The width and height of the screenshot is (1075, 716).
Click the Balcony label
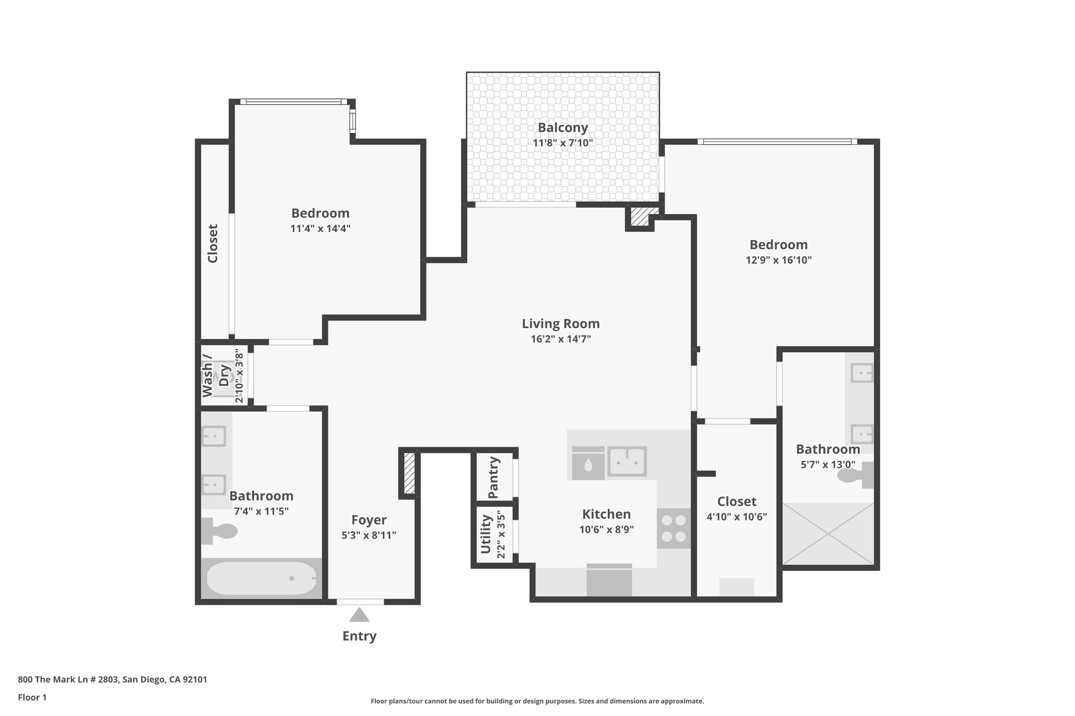(x=563, y=127)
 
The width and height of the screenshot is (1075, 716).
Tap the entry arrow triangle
(x=359, y=615)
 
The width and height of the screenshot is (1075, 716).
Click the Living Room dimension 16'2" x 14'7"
(x=561, y=339)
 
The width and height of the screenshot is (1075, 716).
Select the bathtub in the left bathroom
(x=261, y=578)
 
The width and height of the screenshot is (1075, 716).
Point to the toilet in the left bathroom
(x=220, y=531)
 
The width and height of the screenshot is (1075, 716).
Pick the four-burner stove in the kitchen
(x=673, y=529)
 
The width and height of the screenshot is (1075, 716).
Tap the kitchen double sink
(x=627, y=462)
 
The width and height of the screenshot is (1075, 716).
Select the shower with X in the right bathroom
(x=828, y=534)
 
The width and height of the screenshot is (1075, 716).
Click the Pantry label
(x=493, y=477)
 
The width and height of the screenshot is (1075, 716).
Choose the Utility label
(x=486, y=534)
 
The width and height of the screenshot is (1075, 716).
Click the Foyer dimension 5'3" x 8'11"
(x=368, y=536)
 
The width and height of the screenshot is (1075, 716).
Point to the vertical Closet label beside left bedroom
(x=213, y=243)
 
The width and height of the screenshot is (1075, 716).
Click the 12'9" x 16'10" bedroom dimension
(x=778, y=260)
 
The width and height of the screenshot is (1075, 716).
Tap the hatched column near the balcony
(x=639, y=217)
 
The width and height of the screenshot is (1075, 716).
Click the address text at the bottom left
(x=112, y=680)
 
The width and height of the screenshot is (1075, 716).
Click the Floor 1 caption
(x=33, y=698)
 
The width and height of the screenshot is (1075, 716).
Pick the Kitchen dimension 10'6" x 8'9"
(x=606, y=530)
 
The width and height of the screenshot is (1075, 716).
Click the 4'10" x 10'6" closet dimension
(x=736, y=517)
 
